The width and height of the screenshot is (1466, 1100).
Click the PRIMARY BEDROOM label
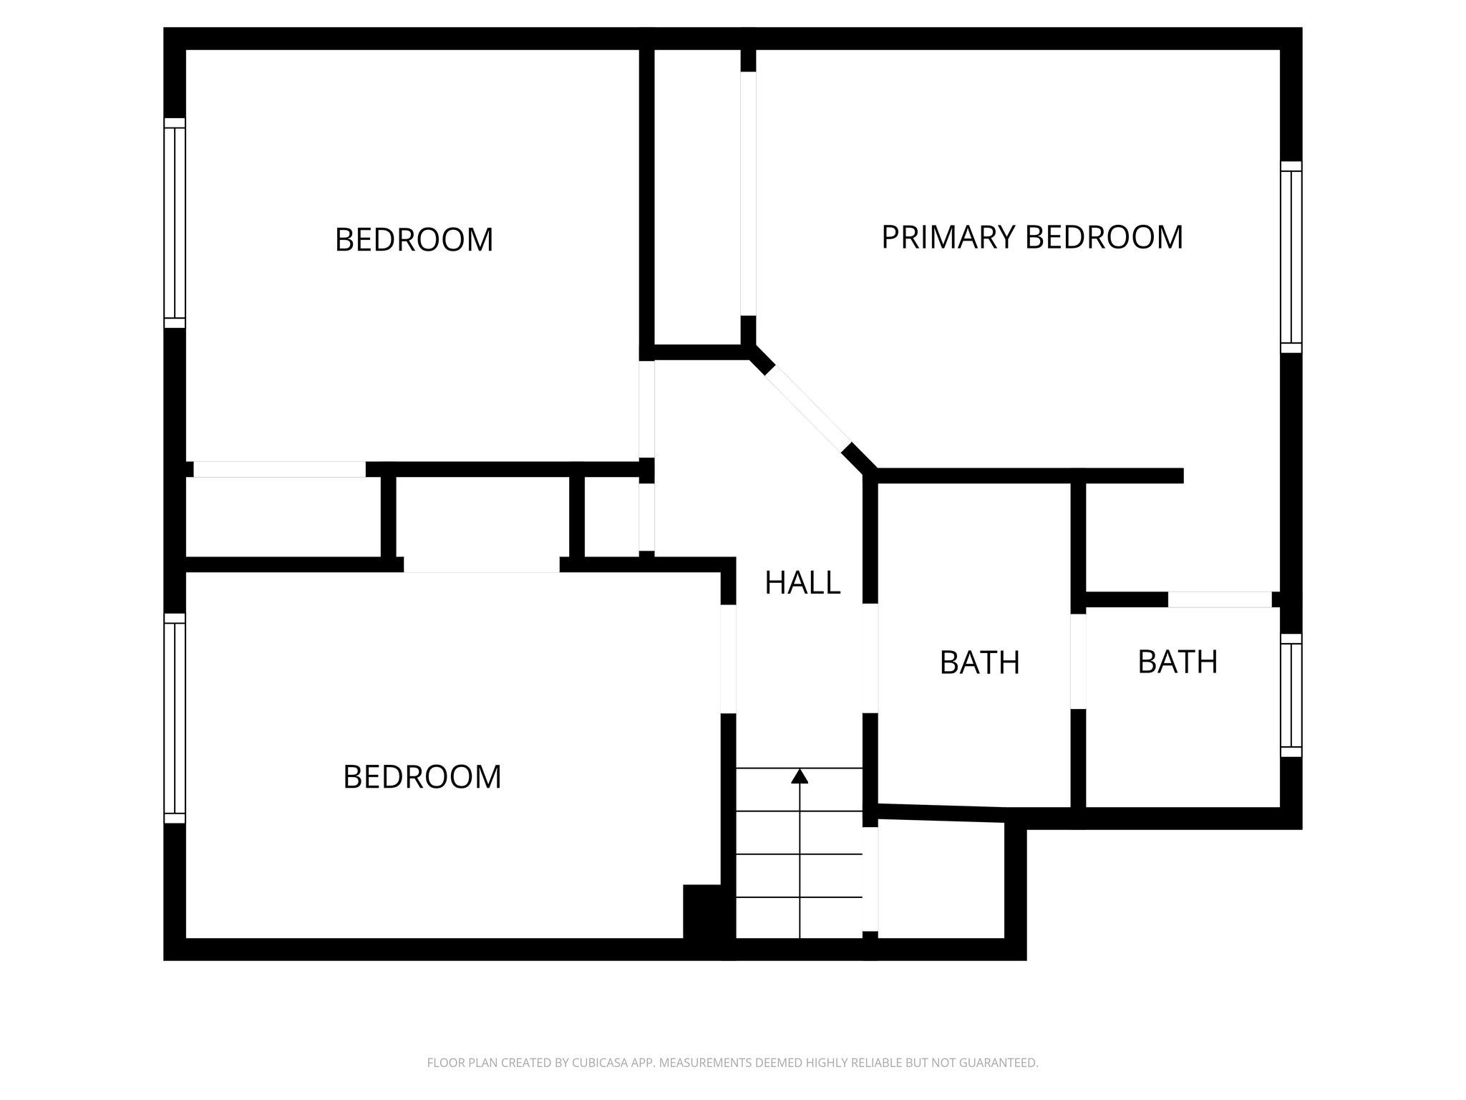pos(1031,237)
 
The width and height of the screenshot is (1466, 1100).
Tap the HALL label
pos(802,583)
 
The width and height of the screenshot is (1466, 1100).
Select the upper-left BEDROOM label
pos(414,239)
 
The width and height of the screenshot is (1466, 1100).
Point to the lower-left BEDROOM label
pos(422,777)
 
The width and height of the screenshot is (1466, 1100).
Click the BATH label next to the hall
pos(979,662)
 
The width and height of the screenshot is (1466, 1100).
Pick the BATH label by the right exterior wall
pos(1178,662)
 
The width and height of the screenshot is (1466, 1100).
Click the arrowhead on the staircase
pos(800,776)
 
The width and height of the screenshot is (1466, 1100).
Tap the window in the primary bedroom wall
pos(1291,257)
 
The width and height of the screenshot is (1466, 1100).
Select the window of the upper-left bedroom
pos(175,223)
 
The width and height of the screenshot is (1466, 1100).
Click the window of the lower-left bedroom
pos(175,718)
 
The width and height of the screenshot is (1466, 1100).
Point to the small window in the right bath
pos(1291,695)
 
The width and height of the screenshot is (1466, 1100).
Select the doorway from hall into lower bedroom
pos(728,659)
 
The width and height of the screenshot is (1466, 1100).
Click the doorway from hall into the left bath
pos(870,658)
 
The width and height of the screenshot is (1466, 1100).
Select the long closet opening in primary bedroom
pos(748,193)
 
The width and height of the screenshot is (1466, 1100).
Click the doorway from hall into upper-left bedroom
pos(646,409)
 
